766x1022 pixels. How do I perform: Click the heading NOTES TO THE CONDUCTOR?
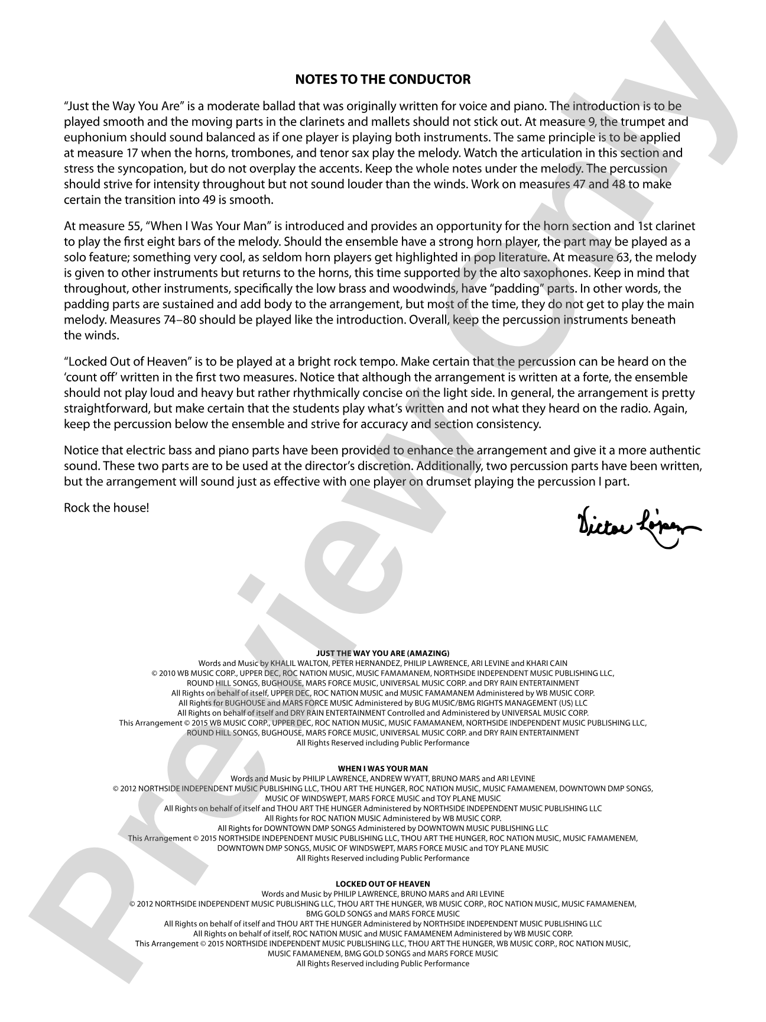383,79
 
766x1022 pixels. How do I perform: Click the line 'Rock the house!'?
106,507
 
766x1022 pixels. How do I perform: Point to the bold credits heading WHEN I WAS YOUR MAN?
383,769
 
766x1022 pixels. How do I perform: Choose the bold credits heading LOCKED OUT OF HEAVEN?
383,884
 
